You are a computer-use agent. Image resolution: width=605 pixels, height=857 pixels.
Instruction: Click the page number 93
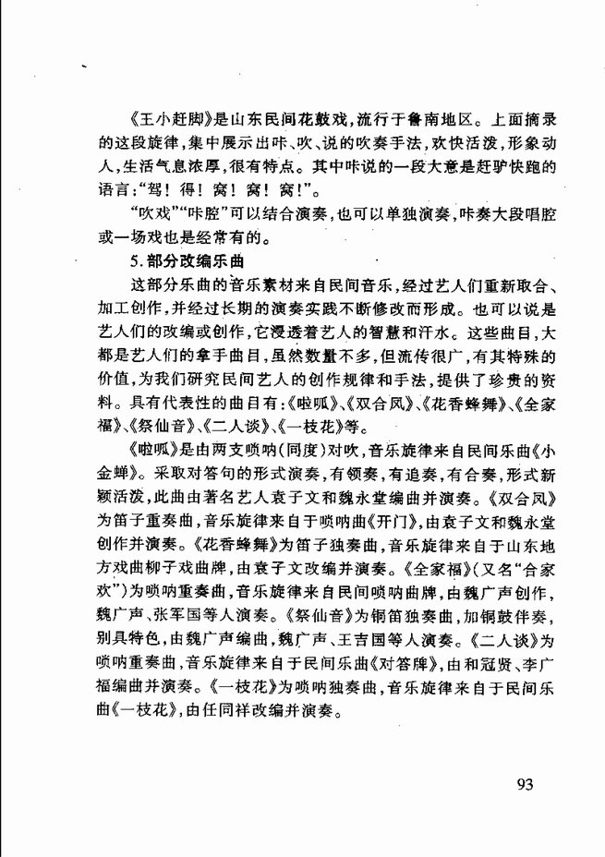[526, 786]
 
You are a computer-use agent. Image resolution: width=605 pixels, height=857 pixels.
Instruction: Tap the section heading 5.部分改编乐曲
[182, 264]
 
